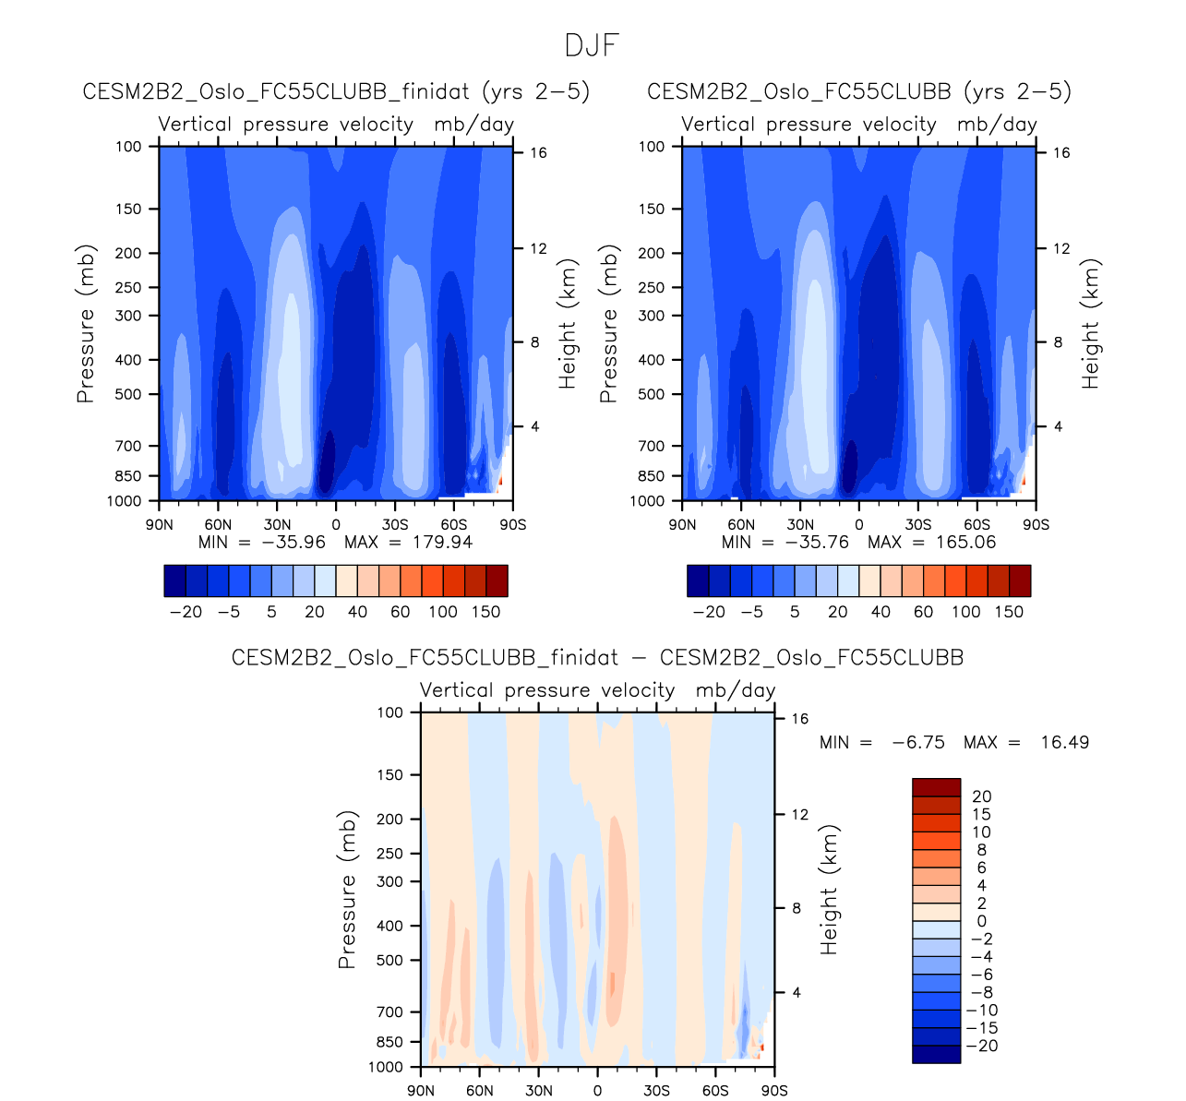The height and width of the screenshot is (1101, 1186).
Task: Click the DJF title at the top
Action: (x=592, y=45)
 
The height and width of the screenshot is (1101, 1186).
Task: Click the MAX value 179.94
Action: (x=442, y=542)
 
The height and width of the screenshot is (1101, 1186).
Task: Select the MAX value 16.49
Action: (x=1064, y=742)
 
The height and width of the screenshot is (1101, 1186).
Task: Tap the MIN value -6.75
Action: (x=918, y=742)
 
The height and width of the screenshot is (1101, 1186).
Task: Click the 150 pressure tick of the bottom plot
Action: (x=390, y=775)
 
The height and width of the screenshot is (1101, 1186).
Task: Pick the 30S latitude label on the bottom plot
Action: (x=656, y=1091)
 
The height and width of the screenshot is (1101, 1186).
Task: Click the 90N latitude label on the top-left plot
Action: (x=160, y=525)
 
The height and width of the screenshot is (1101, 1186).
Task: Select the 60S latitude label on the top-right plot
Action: (x=977, y=525)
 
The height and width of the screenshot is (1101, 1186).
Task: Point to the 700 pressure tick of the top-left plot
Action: (x=128, y=446)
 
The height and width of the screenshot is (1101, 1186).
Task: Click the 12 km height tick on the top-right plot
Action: (x=1061, y=249)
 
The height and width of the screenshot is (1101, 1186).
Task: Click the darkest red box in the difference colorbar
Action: (x=936, y=787)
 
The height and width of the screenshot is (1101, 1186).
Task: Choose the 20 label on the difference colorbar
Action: (x=981, y=796)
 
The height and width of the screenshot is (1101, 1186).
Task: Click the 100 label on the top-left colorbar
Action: (x=443, y=612)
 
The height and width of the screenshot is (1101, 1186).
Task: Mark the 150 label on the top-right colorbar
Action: (x=1009, y=612)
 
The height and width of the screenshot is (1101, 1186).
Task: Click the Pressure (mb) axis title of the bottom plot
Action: (x=347, y=890)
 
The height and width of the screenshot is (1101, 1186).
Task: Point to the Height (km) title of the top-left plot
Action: (x=567, y=323)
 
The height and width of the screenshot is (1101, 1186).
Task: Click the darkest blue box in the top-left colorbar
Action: (x=174, y=580)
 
